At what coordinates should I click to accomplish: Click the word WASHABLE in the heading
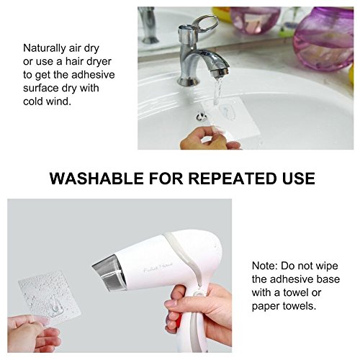click(96, 179)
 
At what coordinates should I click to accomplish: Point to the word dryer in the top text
click(99, 62)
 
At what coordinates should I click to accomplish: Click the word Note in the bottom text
click(265, 266)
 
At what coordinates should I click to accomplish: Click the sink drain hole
click(201, 117)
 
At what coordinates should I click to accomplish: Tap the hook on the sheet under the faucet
click(228, 112)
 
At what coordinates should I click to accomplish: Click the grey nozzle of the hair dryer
click(109, 273)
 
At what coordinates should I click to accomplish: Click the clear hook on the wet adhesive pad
click(55, 307)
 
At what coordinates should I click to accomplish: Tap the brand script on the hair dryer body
click(158, 269)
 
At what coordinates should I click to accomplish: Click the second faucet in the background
click(148, 24)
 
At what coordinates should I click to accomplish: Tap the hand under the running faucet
click(210, 139)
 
